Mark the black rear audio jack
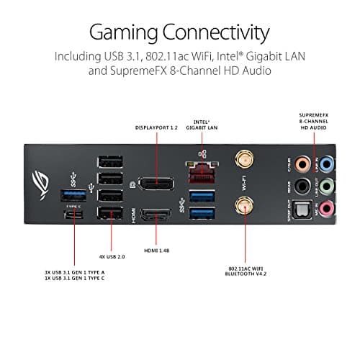click(x=305, y=186)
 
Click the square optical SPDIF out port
click(x=305, y=210)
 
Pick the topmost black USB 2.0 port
click(x=109, y=159)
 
